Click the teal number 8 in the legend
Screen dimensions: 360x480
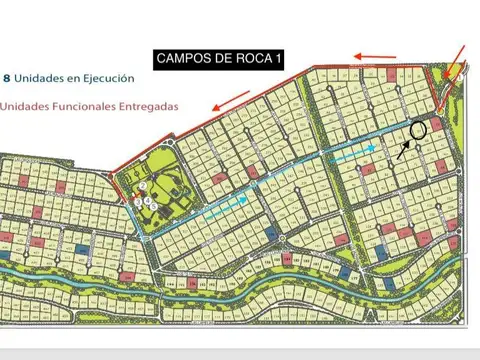(x=8, y=76)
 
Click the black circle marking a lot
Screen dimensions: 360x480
(x=419, y=128)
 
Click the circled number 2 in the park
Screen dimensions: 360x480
(x=143, y=186)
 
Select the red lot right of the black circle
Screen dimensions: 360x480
(x=437, y=123)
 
